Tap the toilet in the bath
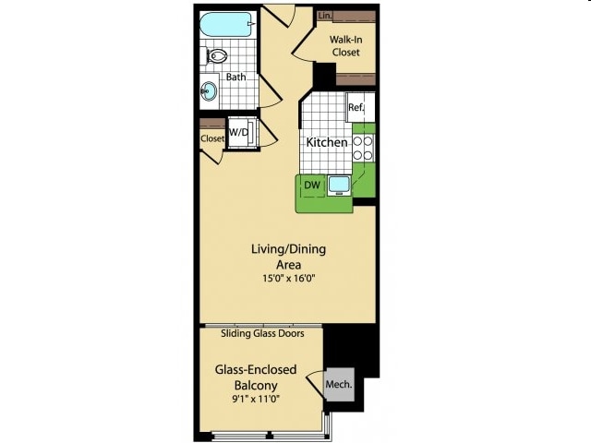click(x=217, y=56)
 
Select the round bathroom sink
click(x=210, y=92)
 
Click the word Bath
click(x=235, y=77)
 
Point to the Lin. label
click(x=324, y=16)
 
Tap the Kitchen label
click(x=327, y=142)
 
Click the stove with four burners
click(x=363, y=150)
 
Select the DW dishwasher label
click(x=312, y=186)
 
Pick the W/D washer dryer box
click(x=239, y=133)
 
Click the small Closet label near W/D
click(x=212, y=138)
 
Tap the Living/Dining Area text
click(x=288, y=257)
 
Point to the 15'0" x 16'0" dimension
click(x=288, y=280)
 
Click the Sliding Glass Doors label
click(x=262, y=333)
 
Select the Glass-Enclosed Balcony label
click(x=256, y=377)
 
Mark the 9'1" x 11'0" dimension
click(x=256, y=399)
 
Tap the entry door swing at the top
click(x=280, y=15)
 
